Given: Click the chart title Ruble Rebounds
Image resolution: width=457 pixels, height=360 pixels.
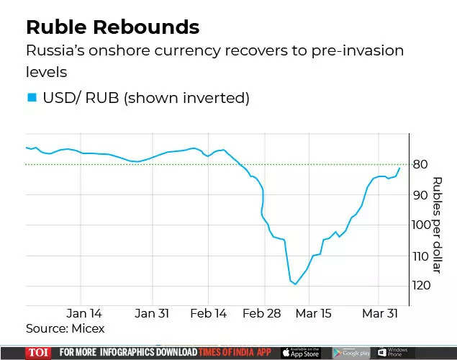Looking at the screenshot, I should pos(112,27).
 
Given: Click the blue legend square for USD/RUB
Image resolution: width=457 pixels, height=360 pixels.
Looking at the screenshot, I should pos(31,97).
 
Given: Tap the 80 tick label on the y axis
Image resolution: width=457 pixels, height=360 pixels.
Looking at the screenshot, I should pos(421,164).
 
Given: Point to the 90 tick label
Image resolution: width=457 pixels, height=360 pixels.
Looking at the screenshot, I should pos(421,194).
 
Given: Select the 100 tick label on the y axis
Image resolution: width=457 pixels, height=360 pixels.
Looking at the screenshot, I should pos(421,225).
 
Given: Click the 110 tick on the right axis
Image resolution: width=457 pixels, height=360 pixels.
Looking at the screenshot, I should pos(421,256).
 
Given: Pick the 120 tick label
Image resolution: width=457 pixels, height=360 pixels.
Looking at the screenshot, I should pos(421,286).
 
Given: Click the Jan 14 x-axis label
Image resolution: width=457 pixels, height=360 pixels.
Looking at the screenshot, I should pos(84,313).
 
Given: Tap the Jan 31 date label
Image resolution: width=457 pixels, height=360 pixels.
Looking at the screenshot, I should pos(151,313).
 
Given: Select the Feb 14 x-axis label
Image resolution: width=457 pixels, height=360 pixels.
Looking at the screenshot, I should pos(209,313).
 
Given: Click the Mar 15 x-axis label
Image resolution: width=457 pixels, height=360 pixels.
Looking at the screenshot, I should pos(313,313).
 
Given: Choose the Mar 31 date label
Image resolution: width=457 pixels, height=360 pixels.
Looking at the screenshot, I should pos(379,313).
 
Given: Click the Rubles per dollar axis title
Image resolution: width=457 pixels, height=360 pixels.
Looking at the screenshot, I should pos(437,225).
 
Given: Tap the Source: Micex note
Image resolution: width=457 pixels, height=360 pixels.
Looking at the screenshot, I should pos(65,328).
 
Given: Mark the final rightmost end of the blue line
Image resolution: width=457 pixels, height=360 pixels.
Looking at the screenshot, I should pos(400,167).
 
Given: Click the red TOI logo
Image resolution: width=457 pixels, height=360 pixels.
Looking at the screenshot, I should pos(38,352).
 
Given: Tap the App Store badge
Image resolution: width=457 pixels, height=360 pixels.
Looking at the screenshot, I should pos(300,352).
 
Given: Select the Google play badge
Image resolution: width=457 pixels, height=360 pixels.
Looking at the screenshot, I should pos(350,352).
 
